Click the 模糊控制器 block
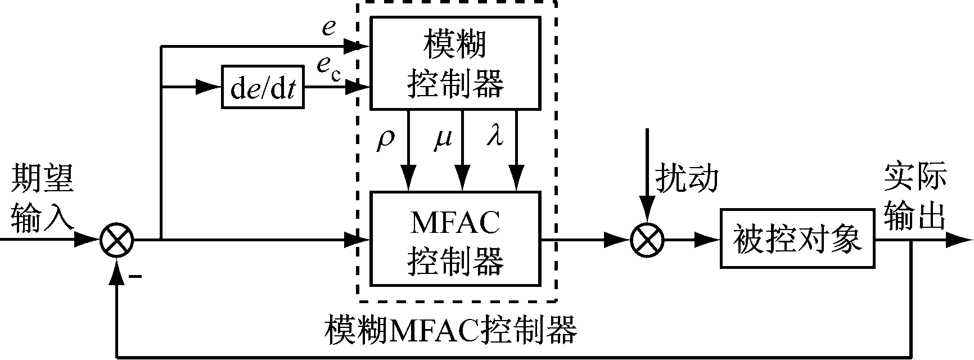(454, 62)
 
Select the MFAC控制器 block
(454, 239)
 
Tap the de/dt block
(263, 88)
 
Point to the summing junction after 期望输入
(116, 241)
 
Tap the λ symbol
(494, 139)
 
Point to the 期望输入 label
(42, 198)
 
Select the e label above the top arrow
(328, 28)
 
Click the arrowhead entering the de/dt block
(211, 88)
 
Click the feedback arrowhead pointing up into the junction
(116, 272)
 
